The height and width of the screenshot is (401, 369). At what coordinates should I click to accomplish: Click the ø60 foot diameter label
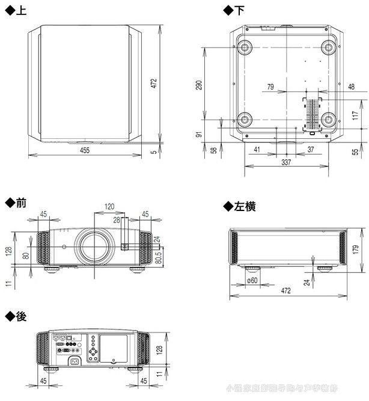pyautogui.click(x=252, y=280)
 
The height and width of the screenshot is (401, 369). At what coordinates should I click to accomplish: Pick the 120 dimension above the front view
pyautogui.click(x=109, y=207)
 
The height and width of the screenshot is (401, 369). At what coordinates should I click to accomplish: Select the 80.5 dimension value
pyautogui.click(x=159, y=257)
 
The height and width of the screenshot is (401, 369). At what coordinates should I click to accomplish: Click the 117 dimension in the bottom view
pyautogui.click(x=356, y=115)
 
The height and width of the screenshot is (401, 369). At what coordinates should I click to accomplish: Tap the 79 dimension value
pyautogui.click(x=270, y=87)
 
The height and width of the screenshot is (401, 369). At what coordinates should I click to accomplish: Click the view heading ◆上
pyautogui.click(x=16, y=11)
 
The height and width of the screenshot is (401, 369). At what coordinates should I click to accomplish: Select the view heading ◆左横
pyautogui.click(x=239, y=207)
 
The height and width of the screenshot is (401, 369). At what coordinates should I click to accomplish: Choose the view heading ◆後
pyautogui.click(x=16, y=317)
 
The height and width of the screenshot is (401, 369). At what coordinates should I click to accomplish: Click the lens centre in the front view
pyautogui.click(x=93, y=246)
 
